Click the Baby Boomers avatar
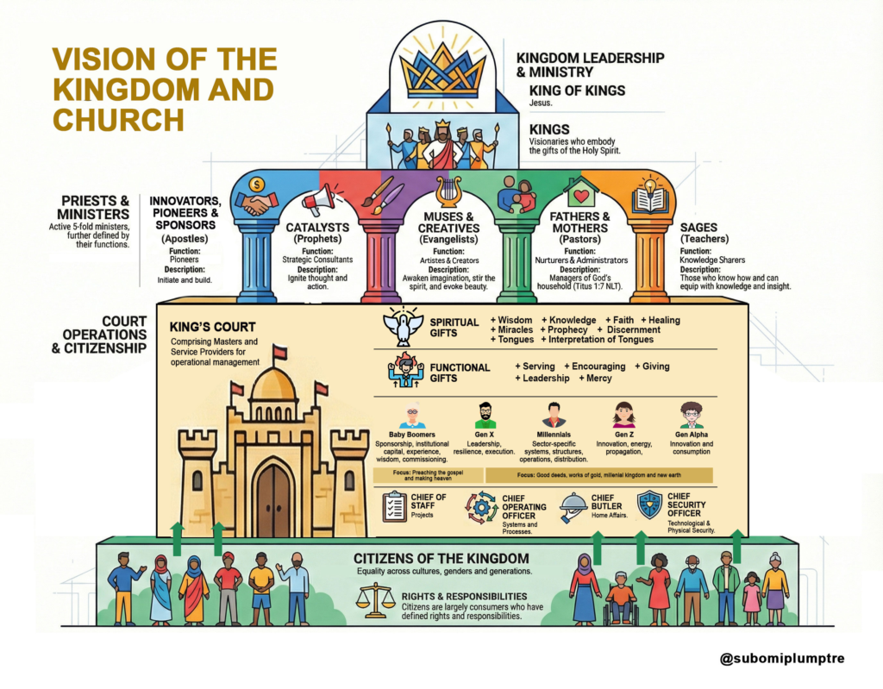pyautogui.click(x=412, y=416)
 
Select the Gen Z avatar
pyautogui.click(x=623, y=416)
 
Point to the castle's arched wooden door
pyautogui.click(x=273, y=500)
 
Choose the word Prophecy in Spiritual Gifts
pyautogui.click(x=567, y=330)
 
